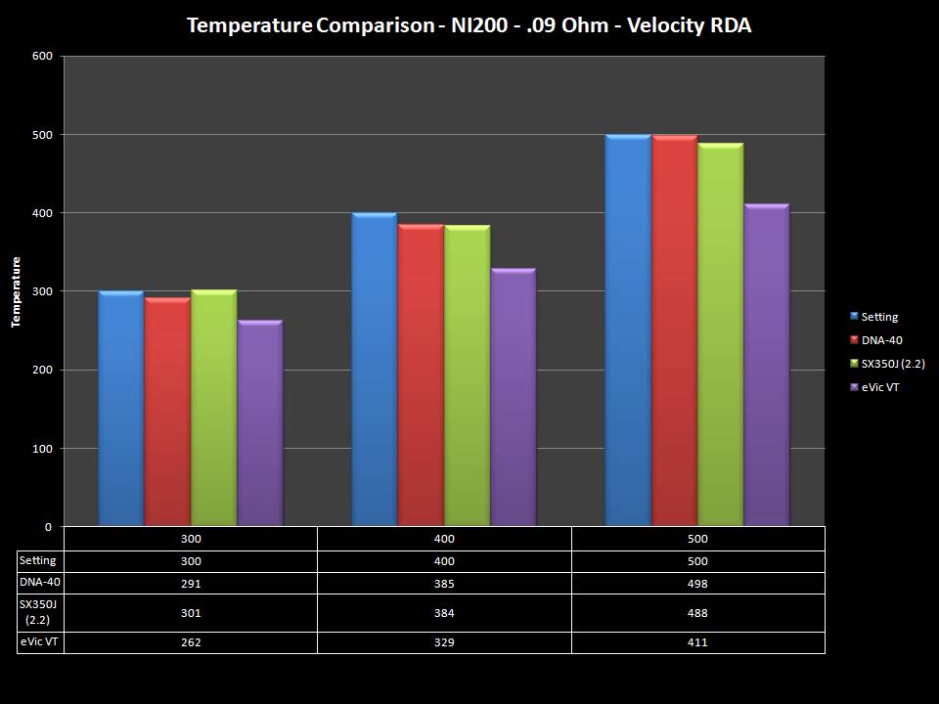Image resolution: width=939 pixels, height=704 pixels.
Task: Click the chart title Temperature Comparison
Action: pyautogui.click(x=469, y=25)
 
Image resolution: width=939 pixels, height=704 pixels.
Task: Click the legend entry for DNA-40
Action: pyautogui.click(x=879, y=340)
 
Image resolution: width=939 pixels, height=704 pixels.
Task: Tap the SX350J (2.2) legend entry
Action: pyautogui.click(x=888, y=364)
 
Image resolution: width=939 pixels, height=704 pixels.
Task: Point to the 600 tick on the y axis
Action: pyautogui.click(x=41, y=56)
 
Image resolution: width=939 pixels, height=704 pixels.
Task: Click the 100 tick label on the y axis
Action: pyautogui.click(x=41, y=449)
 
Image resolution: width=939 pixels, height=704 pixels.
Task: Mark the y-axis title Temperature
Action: pyautogui.click(x=17, y=291)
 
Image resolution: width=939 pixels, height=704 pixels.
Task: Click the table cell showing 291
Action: pyautogui.click(x=191, y=584)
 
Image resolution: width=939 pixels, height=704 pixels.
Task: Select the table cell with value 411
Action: pyautogui.click(x=697, y=642)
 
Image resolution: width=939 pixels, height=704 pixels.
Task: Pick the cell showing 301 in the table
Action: pyautogui.click(x=191, y=613)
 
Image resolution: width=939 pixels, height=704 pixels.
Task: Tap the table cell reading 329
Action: pyautogui.click(x=444, y=642)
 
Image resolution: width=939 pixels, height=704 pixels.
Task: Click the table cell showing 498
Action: pyautogui.click(x=697, y=584)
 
